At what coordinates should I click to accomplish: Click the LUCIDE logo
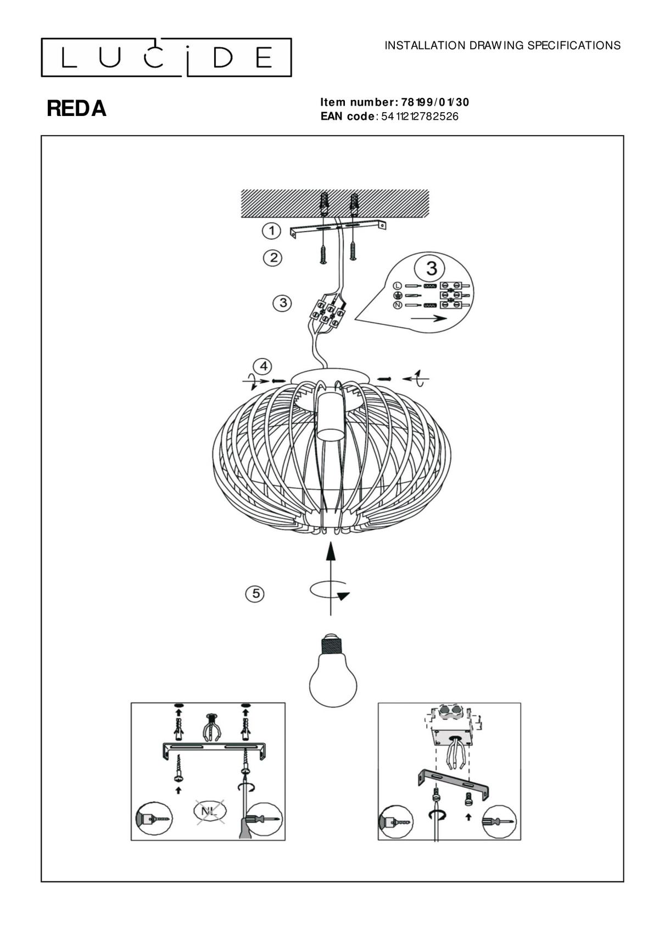click(x=166, y=58)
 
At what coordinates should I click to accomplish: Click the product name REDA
click(x=76, y=109)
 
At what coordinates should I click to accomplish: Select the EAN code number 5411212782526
click(x=420, y=116)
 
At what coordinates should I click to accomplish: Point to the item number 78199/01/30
click(x=435, y=102)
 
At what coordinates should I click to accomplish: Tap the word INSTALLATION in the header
click(x=425, y=46)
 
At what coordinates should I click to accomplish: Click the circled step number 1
click(x=272, y=230)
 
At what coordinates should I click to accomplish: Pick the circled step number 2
click(x=273, y=258)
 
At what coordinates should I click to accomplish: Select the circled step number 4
click(x=264, y=367)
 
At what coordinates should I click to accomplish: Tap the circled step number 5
click(x=255, y=593)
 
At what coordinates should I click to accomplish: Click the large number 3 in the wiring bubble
click(x=432, y=268)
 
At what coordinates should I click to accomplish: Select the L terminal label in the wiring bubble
click(x=397, y=286)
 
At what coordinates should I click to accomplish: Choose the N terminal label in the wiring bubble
click(x=397, y=305)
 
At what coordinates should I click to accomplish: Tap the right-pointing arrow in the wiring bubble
click(x=428, y=319)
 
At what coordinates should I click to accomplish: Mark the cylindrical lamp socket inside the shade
click(x=331, y=417)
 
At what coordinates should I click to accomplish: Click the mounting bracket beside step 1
click(x=337, y=229)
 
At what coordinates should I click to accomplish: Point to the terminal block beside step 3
click(x=329, y=313)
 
